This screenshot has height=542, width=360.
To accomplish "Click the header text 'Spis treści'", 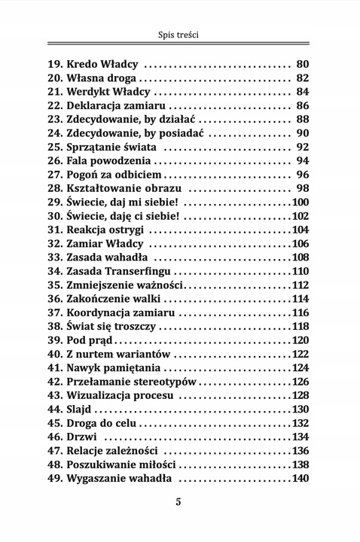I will [x=179, y=35].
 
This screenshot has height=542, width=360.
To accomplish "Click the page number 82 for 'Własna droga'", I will [x=303, y=78].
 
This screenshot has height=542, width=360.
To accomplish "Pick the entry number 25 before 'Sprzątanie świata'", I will [x=54, y=147].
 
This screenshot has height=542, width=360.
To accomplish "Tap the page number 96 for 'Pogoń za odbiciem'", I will [x=303, y=175].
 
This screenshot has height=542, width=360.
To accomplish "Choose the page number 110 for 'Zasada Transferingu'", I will [x=300, y=271].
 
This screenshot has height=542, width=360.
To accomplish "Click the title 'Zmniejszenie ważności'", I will [x=124, y=285].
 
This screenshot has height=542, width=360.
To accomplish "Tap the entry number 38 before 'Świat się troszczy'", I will [x=54, y=326].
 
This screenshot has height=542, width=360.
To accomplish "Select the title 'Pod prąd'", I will [x=89, y=340].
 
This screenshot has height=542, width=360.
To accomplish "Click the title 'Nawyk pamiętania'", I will [x=114, y=368].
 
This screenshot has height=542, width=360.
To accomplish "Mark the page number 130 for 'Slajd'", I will [x=300, y=410].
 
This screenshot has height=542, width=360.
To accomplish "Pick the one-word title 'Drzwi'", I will [x=84, y=437].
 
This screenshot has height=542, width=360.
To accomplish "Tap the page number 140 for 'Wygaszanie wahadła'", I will [x=300, y=479].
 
